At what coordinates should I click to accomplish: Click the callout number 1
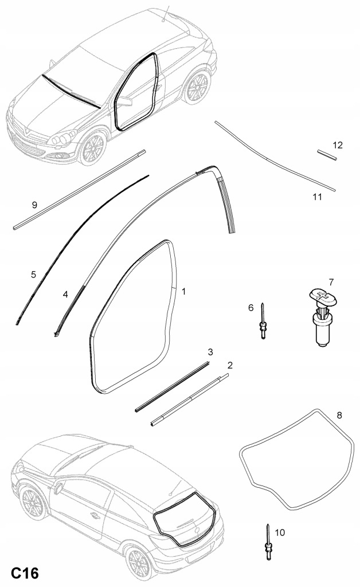(x=184, y=291)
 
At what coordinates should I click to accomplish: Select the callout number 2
(x=230, y=365)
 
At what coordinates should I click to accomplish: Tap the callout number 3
(x=210, y=351)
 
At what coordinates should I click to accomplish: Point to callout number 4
(x=65, y=295)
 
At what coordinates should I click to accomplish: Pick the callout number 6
(x=251, y=308)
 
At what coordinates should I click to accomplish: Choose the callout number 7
(x=331, y=281)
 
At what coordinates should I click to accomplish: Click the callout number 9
(x=34, y=204)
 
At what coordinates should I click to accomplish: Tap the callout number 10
(x=280, y=533)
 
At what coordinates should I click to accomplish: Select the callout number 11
(x=317, y=197)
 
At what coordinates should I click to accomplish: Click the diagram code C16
(x=24, y=573)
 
